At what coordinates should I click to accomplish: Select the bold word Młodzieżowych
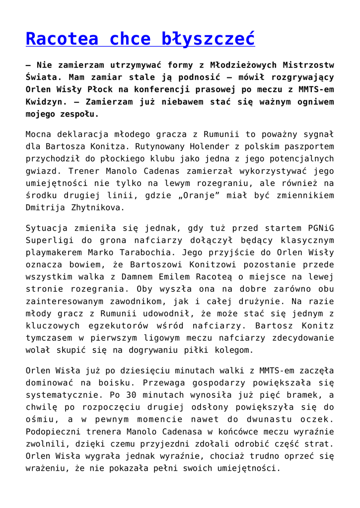point(243,65)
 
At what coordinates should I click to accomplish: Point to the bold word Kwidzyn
point(45,102)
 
